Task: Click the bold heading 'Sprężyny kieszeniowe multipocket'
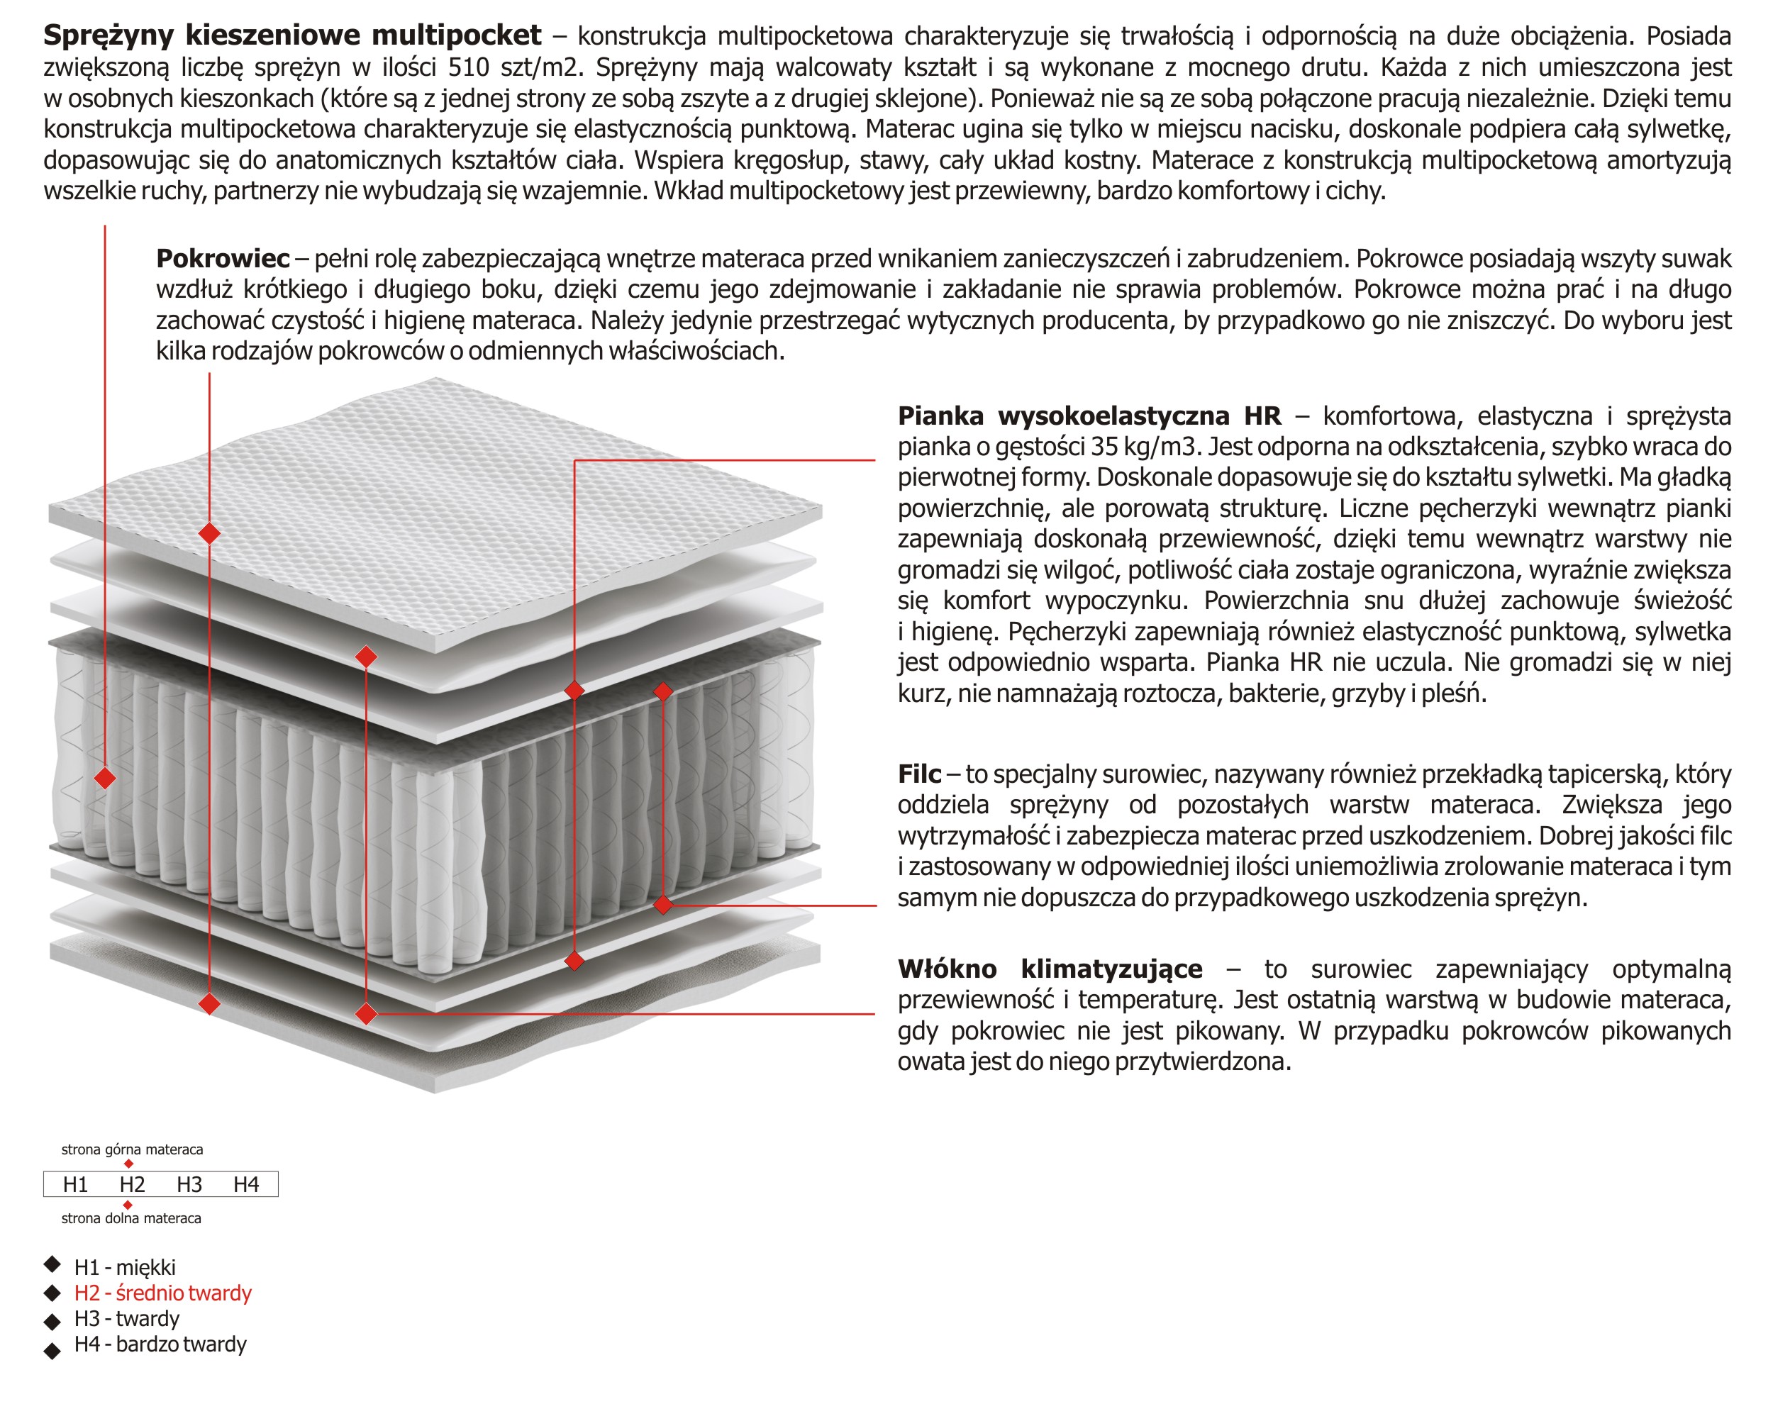pyautogui.click(x=292, y=35)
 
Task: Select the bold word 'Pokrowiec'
pyautogui.click(x=223, y=258)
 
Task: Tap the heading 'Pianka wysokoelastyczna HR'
pyautogui.click(x=1089, y=416)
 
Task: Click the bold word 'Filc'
pyautogui.click(x=918, y=774)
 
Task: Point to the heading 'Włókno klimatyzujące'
pyautogui.click(x=1050, y=969)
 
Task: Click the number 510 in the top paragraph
pyautogui.click(x=469, y=67)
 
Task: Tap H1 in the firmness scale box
pyautogui.click(x=76, y=1184)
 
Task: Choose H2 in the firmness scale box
pyautogui.click(x=133, y=1184)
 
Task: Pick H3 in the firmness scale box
pyautogui.click(x=189, y=1184)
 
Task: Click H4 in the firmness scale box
pyautogui.click(x=246, y=1184)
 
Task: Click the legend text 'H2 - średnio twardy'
pyautogui.click(x=163, y=1293)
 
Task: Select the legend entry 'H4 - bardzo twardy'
pyautogui.click(x=160, y=1344)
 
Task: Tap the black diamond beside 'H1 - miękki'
pyautogui.click(x=52, y=1263)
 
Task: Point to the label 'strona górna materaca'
pyautogui.click(x=133, y=1149)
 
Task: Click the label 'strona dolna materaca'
pyautogui.click(x=132, y=1218)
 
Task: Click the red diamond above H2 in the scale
pyautogui.click(x=128, y=1164)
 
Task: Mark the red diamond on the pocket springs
pyautogui.click(x=105, y=777)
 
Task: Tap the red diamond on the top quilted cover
pyautogui.click(x=210, y=533)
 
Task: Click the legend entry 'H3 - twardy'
pyautogui.click(x=127, y=1318)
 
